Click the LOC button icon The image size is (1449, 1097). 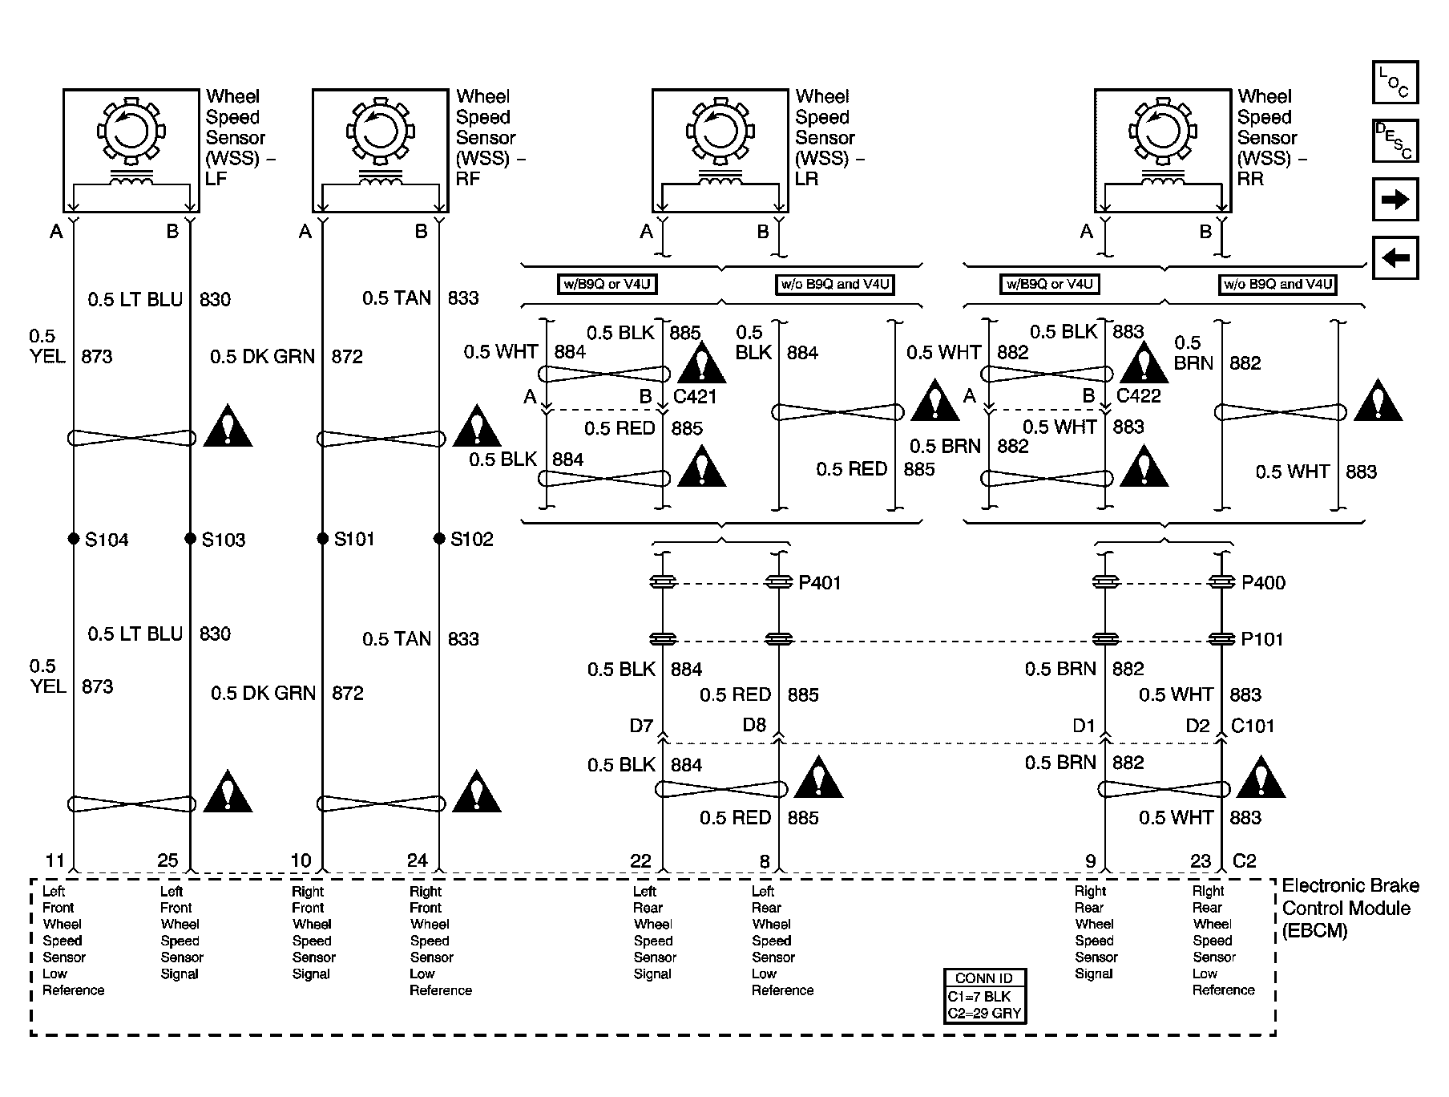[1395, 83]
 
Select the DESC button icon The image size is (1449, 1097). [1395, 141]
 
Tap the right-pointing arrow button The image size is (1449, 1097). [1395, 200]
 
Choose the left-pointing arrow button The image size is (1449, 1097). [1395, 258]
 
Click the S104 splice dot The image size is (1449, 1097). [73, 538]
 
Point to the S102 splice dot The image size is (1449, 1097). [439, 538]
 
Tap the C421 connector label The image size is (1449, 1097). [695, 397]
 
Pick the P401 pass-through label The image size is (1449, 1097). [820, 583]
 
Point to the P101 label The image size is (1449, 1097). [1262, 640]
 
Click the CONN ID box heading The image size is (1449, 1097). [984, 978]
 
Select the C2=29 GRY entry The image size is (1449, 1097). [984, 1013]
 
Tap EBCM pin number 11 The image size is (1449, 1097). [54, 861]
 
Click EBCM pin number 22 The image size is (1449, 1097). [640, 861]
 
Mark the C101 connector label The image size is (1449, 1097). [1253, 726]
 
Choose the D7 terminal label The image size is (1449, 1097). [641, 727]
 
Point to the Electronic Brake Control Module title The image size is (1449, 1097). [1350, 908]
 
